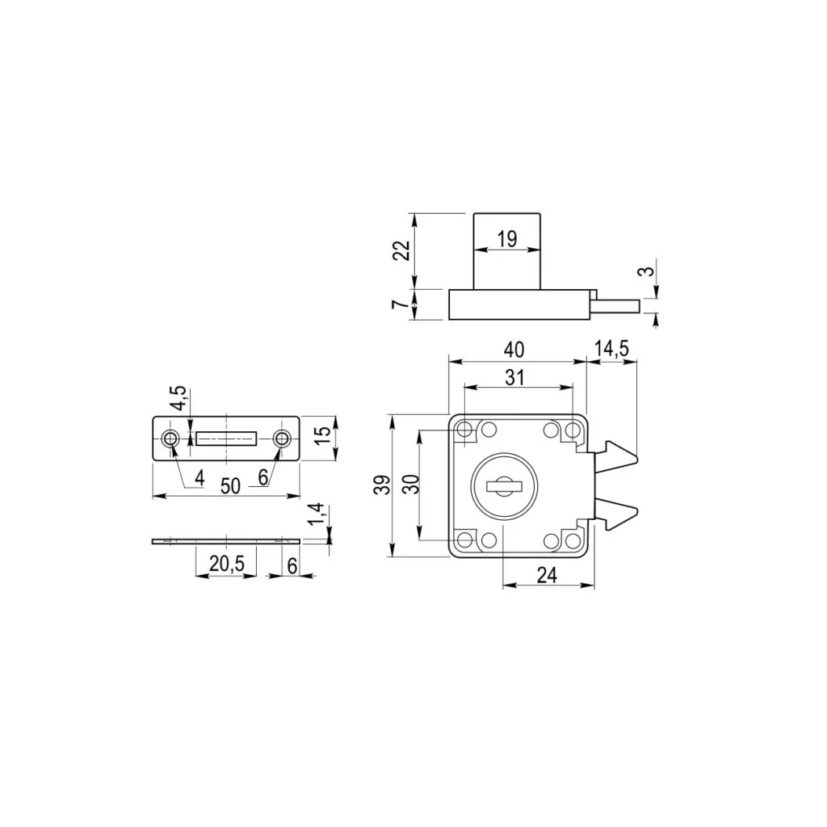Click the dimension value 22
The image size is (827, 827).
point(401,250)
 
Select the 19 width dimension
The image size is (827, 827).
point(506,239)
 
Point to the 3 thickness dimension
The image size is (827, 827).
point(645,271)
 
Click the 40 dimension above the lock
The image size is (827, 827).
point(514,350)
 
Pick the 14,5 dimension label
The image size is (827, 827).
point(611,349)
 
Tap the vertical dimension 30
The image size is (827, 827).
point(409,485)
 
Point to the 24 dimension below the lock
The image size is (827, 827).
point(547,574)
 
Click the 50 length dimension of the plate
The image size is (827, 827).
point(230,485)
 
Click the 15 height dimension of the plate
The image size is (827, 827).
point(322,434)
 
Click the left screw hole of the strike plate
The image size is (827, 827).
point(170,439)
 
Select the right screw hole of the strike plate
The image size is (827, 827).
point(282,439)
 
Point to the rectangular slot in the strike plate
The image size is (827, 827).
point(226,439)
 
